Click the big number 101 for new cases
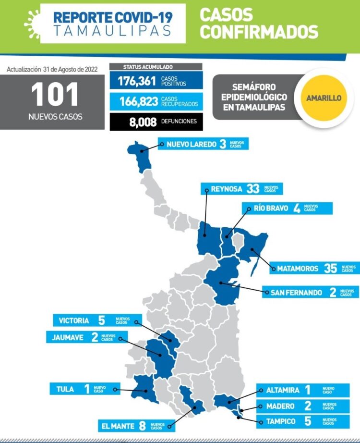click(55, 94)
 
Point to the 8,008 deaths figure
click(143, 122)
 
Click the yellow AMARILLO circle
click(324, 98)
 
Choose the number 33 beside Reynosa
click(252, 189)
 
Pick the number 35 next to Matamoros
click(330, 269)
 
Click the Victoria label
click(73, 320)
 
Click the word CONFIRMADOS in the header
click(259, 32)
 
